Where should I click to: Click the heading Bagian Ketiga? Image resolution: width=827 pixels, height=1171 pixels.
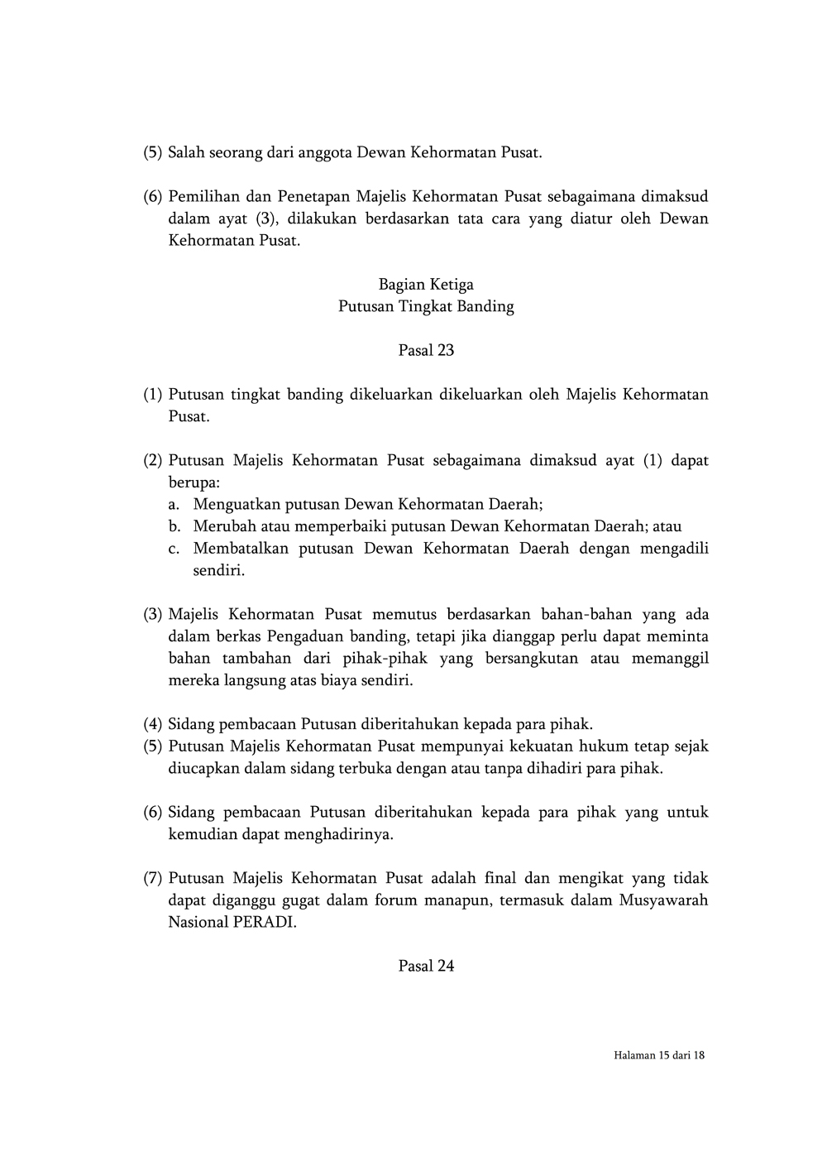(426, 285)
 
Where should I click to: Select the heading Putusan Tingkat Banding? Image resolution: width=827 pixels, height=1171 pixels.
(426, 307)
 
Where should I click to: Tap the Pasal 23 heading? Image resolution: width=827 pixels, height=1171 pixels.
(426, 350)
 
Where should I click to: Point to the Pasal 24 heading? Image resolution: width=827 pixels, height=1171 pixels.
(426, 966)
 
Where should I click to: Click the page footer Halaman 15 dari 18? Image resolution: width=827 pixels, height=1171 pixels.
(659, 1055)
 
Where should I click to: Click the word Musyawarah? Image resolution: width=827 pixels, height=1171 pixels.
(663, 900)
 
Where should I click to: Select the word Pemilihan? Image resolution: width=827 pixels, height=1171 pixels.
(203, 197)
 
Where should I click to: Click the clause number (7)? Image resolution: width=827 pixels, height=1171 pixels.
(152, 878)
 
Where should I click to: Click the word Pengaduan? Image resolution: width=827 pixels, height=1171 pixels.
(310, 637)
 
